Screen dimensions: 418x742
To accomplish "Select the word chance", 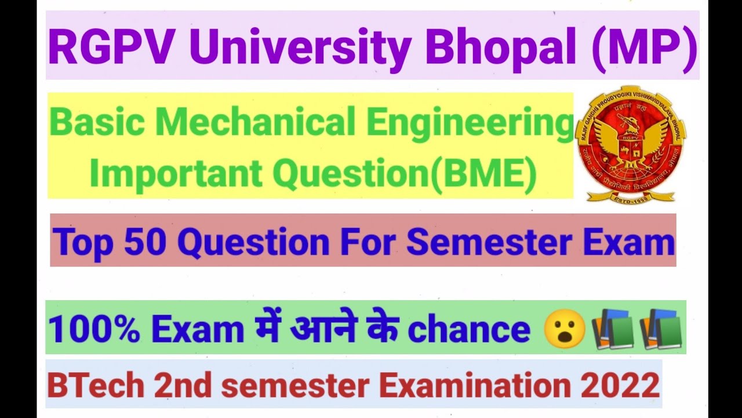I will click(469, 330).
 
